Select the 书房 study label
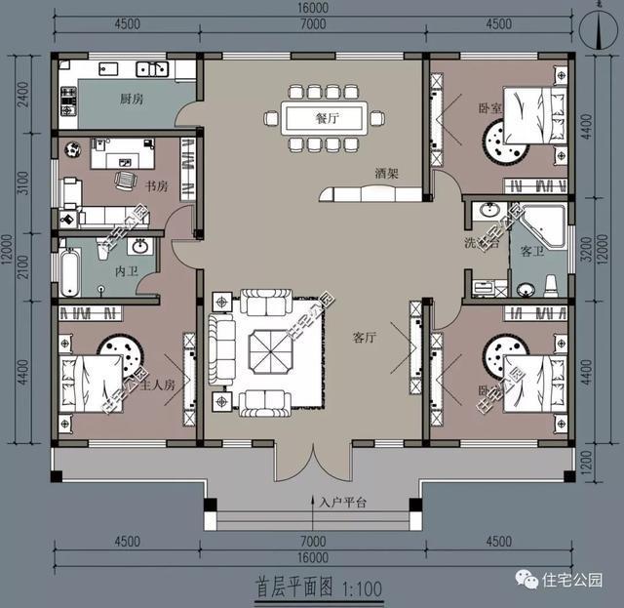click(x=156, y=184)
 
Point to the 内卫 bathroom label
click(x=126, y=268)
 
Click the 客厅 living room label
click(x=364, y=338)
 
